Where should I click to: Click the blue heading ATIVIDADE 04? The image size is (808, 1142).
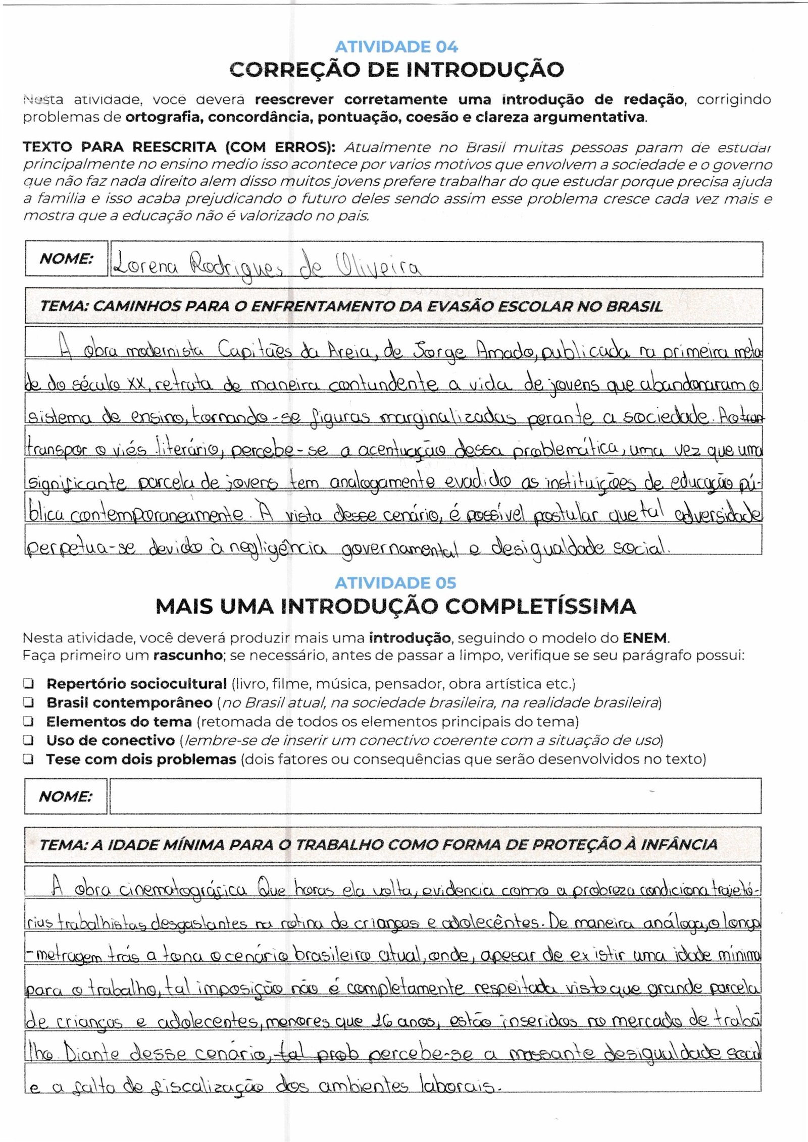[396, 47]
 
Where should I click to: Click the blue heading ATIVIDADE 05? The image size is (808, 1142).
[395, 583]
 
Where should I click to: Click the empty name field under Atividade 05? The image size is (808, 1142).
[434, 796]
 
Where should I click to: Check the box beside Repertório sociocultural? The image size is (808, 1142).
[28, 684]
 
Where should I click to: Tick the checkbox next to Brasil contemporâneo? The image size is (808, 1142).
[28, 702]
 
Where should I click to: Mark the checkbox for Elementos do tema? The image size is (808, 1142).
[28, 722]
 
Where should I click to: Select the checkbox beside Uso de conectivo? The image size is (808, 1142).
[28, 740]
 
